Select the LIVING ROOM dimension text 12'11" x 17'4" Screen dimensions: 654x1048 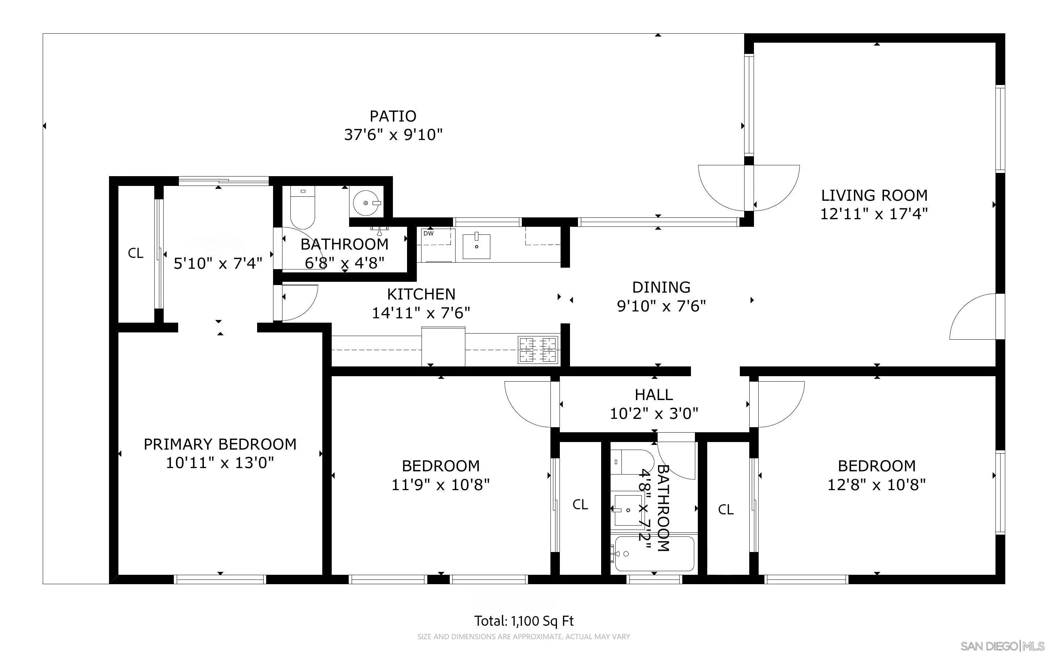[x=873, y=214]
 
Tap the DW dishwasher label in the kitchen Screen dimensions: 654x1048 [x=428, y=234]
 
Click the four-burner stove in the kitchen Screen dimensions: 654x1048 [x=538, y=349]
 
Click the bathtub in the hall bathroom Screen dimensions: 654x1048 [x=654, y=554]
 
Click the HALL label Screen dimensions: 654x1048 [x=654, y=395]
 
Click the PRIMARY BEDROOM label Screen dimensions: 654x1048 [x=220, y=444]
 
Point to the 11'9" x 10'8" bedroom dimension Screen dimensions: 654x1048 [x=440, y=484]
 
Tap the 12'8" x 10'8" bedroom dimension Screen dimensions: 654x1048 [x=876, y=484]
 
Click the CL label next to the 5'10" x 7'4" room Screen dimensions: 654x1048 [x=135, y=253]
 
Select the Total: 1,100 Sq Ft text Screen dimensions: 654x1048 [x=524, y=621]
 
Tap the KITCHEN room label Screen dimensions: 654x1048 [x=421, y=294]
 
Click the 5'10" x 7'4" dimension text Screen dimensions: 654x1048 [x=218, y=263]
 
